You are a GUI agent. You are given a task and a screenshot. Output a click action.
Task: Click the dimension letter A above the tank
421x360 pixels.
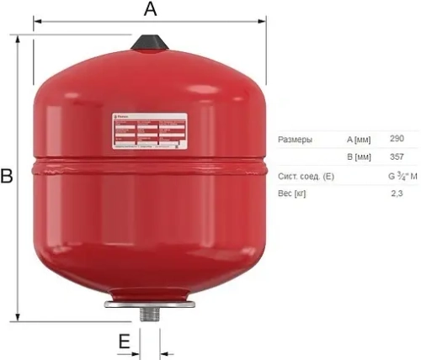[150, 9]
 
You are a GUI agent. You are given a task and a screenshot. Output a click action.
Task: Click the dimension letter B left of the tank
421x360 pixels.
[7, 177]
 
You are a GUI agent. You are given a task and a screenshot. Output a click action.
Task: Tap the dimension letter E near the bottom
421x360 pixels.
[124, 341]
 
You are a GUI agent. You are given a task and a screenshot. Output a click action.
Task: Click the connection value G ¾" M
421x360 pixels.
[402, 176]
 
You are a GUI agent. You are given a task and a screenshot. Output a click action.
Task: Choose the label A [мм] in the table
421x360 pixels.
[358, 140]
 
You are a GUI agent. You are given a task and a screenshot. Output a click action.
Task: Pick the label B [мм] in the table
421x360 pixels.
[358, 158]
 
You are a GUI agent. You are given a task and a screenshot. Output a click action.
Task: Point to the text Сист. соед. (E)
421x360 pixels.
[306, 177]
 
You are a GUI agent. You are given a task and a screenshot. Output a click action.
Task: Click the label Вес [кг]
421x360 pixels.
[291, 195]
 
